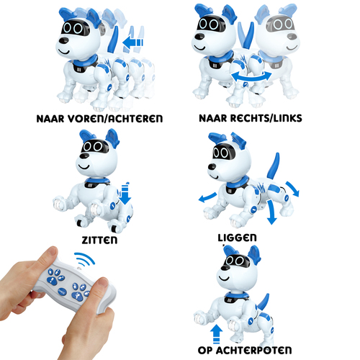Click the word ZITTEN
(x=99, y=240)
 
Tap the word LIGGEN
(x=237, y=238)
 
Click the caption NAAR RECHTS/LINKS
(x=251, y=118)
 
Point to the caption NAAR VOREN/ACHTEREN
(x=99, y=119)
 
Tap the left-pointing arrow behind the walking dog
(x=132, y=42)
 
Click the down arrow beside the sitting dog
(x=125, y=194)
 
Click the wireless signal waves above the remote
(x=85, y=258)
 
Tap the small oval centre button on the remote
(x=63, y=292)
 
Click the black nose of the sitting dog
(x=84, y=156)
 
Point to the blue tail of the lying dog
(x=274, y=166)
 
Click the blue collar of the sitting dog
(x=97, y=180)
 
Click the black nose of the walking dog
(x=63, y=40)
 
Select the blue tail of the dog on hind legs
(x=263, y=302)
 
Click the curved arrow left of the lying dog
(x=207, y=197)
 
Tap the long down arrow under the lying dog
(x=271, y=212)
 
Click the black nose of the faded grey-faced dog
(x=292, y=37)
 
